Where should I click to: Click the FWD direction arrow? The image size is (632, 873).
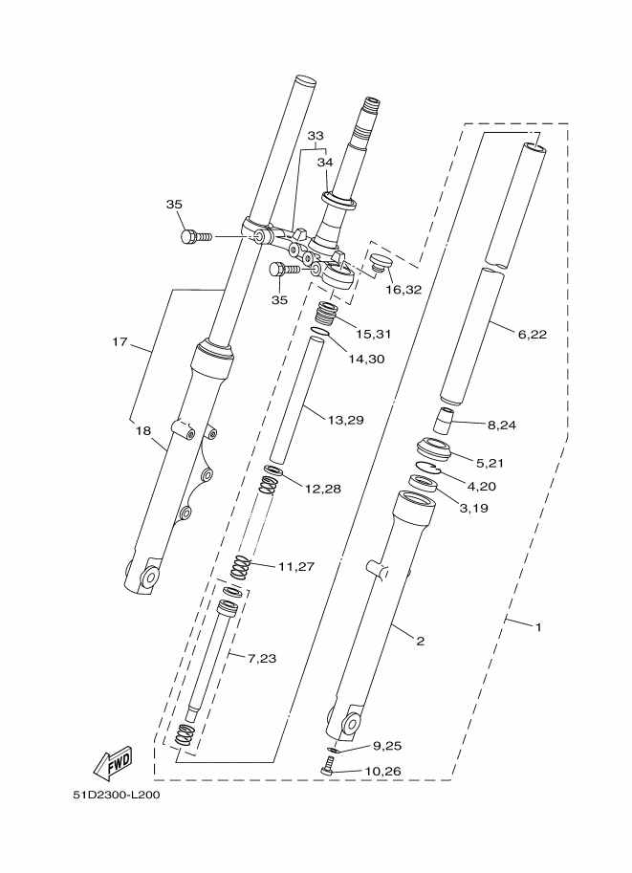113,762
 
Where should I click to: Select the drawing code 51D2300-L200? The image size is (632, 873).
116,797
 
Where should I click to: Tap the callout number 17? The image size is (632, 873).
120,341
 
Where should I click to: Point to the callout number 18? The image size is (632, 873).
143,431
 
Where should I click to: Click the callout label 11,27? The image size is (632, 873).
296,566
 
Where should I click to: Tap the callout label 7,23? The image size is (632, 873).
263,658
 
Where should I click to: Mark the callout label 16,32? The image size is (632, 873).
403,288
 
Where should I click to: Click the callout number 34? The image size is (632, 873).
325,163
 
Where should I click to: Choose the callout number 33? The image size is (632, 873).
316,136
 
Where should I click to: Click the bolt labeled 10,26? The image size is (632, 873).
329,765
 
